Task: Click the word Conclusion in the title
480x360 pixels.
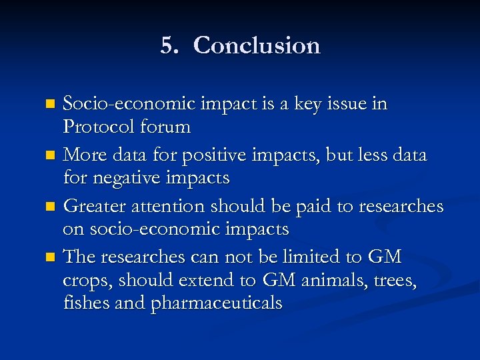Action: pyautogui.click(x=257, y=45)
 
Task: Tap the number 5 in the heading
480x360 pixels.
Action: pyautogui.click(x=167, y=45)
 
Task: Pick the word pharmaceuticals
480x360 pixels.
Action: pyautogui.click(x=217, y=304)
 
